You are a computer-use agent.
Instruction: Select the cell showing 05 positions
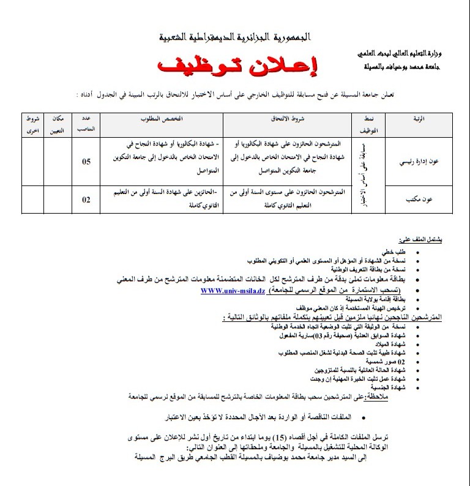86,162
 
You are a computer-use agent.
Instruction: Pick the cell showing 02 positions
86,199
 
